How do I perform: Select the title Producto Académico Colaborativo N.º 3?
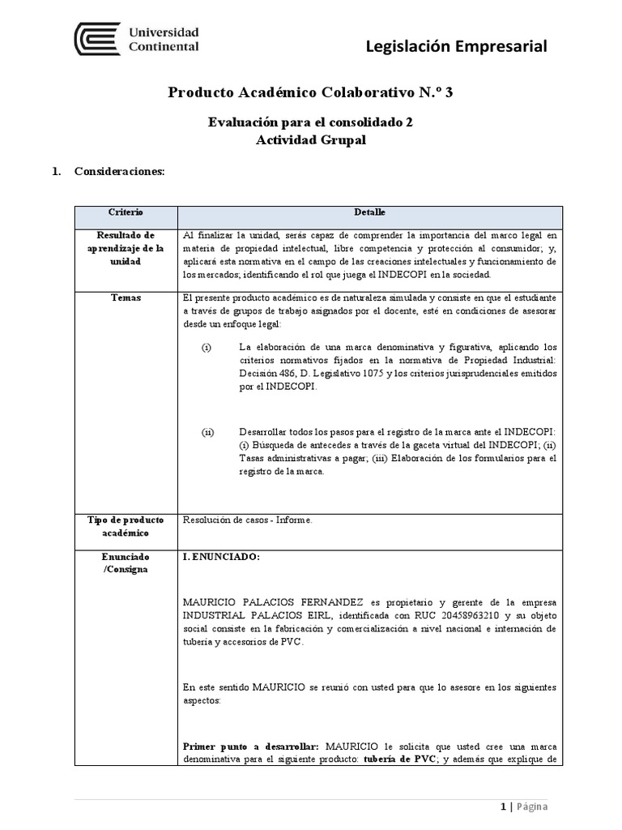coord(310,92)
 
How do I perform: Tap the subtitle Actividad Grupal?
coord(310,139)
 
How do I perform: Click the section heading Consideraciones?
coord(119,172)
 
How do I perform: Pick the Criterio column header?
coord(126,212)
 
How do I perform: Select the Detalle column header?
coord(369,212)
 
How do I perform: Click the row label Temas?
coord(126,298)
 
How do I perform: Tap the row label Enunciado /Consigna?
coord(126,564)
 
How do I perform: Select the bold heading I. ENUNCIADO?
coord(222,558)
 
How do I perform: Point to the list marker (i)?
coord(207,348)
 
